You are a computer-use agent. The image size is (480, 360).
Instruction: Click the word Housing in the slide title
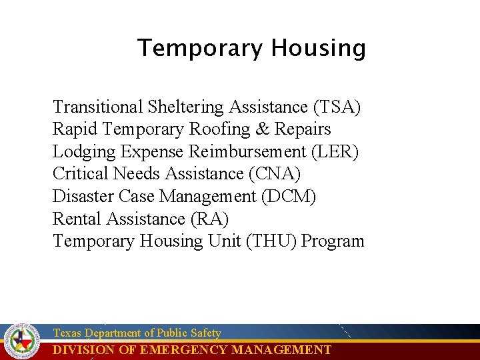click(318, 49)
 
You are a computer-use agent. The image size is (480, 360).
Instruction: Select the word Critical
click(81, 174)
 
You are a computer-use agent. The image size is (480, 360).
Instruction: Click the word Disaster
click(83, 197)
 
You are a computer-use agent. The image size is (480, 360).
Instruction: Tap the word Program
click(333, 241)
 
